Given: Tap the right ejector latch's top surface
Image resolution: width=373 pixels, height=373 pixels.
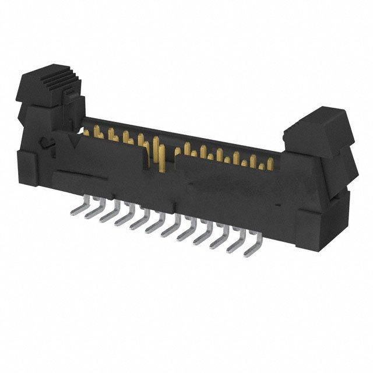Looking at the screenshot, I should coord(318,119).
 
